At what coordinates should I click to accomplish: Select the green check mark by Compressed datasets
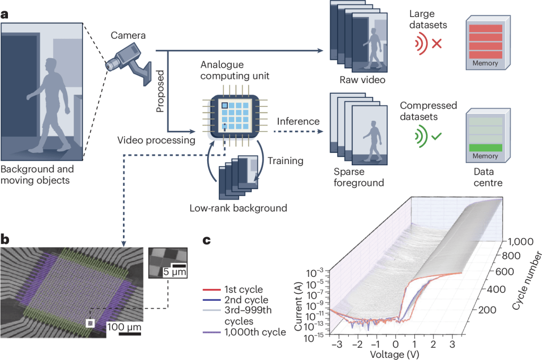click(x=437, y=137)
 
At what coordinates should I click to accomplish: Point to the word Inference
click(x=298, y=121)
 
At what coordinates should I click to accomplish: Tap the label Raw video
click(x=362, y=80)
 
